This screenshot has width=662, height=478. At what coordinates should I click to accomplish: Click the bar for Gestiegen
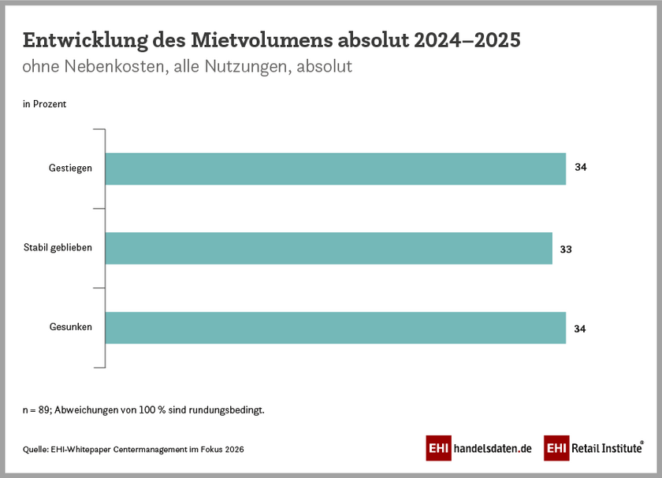click(335, 169)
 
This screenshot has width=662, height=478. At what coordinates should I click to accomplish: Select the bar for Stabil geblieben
click(329, 248)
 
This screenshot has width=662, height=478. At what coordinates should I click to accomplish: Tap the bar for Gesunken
click(335, 328)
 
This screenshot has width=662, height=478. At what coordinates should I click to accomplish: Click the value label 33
click(565, 249)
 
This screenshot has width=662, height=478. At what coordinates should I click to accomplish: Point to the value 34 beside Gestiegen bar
click(581, 168)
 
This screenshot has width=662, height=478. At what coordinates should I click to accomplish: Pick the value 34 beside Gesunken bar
click(581, 328)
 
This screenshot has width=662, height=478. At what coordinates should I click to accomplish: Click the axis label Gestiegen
click(69, 168)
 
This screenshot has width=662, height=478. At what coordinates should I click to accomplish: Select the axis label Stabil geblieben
click(58, 247)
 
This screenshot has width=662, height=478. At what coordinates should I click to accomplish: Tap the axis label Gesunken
click(70, 328)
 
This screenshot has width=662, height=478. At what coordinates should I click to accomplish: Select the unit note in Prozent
click(44, 104)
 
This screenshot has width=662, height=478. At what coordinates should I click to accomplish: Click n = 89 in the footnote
click(36, 410)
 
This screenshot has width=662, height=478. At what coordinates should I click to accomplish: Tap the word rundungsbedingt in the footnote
click(229, 410)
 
